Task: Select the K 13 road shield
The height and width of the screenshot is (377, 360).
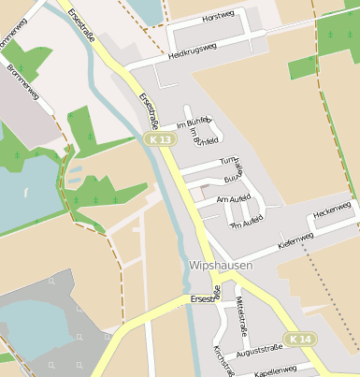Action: click(161, 139)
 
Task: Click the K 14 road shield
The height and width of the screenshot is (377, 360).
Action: click(300, 339)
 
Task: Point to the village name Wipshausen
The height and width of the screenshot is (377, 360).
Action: click(221, 266)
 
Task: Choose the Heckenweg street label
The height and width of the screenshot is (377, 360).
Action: click(332, 210)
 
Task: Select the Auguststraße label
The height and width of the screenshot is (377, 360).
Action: click(259, 355)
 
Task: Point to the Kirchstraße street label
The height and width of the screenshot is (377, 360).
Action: click(222, 360)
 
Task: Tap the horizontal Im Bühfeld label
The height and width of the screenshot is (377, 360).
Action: click(193, 123)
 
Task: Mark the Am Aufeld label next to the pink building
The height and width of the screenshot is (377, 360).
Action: click(234, 199)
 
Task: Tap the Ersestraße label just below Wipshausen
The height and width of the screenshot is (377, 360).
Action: click(204, 297)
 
